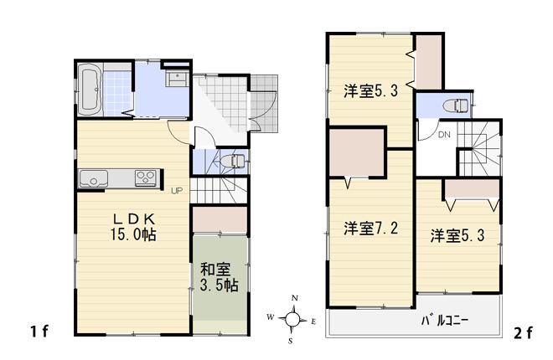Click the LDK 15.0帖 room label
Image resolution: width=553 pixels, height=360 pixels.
pyautogui.click(x=135, y=227)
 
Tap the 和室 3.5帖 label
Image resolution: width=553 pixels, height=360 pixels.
pyautogui.click(x=220, y=277)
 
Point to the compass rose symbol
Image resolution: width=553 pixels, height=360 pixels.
pyautogui.click(x=292, y=318)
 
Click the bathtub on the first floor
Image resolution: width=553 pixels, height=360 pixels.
pyautogui.click(x=90, y=90)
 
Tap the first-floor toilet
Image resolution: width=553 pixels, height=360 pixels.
pyautogui.click(x=235, y=160)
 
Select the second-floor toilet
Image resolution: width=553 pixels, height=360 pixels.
pyautogui.click(x=457, y=105)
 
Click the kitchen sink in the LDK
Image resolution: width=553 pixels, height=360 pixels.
pyautogui.click(x=93, y=177)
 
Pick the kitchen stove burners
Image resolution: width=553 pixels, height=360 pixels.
pyautogui.click(x=146, y=177)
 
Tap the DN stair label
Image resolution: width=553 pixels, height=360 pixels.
pyautogui.click(x=444, y=136)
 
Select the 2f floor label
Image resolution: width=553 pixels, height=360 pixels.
pyautogui.click(x=523, y=332)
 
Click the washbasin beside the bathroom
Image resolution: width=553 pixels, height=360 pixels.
pyautogui.click(x=177, y=79)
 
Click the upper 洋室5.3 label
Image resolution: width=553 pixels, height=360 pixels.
pyautogui.click(x=370, y=92)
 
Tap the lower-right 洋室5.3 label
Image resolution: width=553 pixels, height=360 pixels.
pyautogui.click(x=458, y=235)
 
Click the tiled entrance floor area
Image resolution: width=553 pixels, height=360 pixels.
pyautogui.click(x=222, y=100)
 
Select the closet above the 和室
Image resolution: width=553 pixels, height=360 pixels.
pyautogui.click(x=220, y=219)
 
